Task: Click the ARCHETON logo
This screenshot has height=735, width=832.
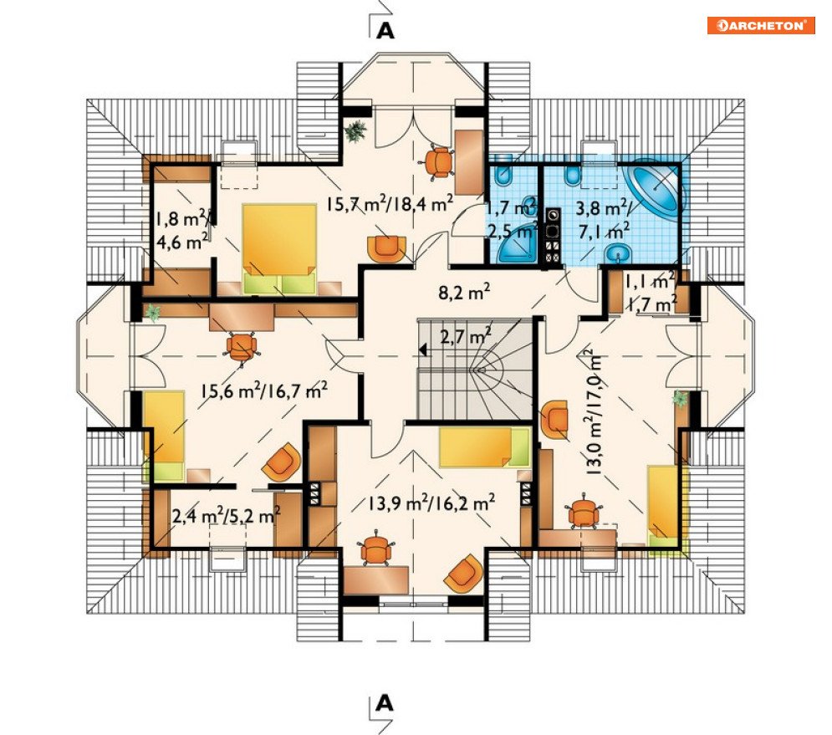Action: (760, 25)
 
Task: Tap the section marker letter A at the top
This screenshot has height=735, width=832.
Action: (385, 31)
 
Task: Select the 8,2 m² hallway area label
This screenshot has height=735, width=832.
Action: (464, 291)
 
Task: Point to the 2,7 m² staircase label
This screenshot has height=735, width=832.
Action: (466, 335)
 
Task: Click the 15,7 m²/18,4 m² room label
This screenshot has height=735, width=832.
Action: (390, 203)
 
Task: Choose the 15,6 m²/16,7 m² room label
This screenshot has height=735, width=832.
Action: (264, 390)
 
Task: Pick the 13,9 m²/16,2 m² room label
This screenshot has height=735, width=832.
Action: (432, 503)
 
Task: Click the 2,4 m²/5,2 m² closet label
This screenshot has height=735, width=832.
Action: (227, 515)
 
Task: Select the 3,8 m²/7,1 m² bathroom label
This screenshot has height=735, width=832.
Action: (604, 218)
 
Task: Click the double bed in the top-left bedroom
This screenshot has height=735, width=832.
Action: (279, 249)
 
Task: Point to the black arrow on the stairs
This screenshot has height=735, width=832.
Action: (423, 350)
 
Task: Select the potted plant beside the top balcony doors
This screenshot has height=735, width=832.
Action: (355, 131)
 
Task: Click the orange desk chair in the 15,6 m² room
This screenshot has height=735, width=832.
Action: (242, 347)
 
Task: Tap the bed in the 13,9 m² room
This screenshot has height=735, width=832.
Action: (485, 448)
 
